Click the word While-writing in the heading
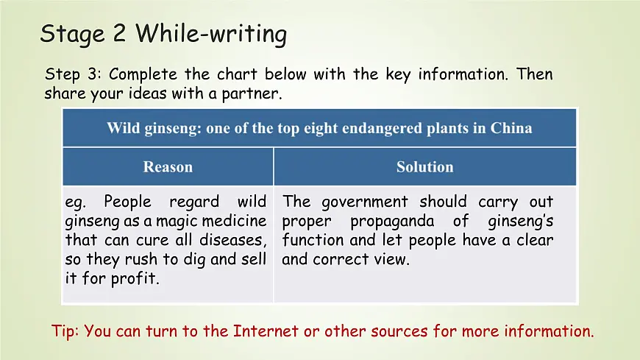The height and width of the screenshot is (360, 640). [211, 34]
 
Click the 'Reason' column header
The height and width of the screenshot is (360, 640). [168, 167]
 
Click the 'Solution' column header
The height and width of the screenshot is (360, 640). [424, 167]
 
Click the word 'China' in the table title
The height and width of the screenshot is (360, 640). [512, 128]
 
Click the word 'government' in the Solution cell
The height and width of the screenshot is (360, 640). [365, 202]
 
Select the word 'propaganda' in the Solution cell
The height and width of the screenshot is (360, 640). [397, 221]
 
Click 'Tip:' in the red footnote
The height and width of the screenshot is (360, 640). [66, 331]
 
